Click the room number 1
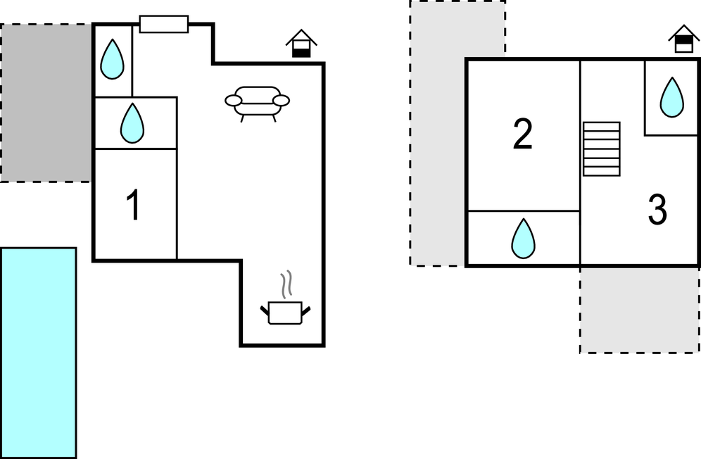[132, 206]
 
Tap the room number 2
[522, 134]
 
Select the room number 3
[657, 210]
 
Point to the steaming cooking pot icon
[285, 307]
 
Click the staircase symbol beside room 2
[602, 149]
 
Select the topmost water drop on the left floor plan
[112, 59]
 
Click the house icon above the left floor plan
[301, 44]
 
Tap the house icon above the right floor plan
[683, 39]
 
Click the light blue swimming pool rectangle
[38, 352]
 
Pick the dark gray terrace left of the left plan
[46, 103]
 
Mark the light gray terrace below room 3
[638, 310]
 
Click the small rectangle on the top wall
[163, 24]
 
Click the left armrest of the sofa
[233, 101]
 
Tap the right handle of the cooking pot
[305, 309]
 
